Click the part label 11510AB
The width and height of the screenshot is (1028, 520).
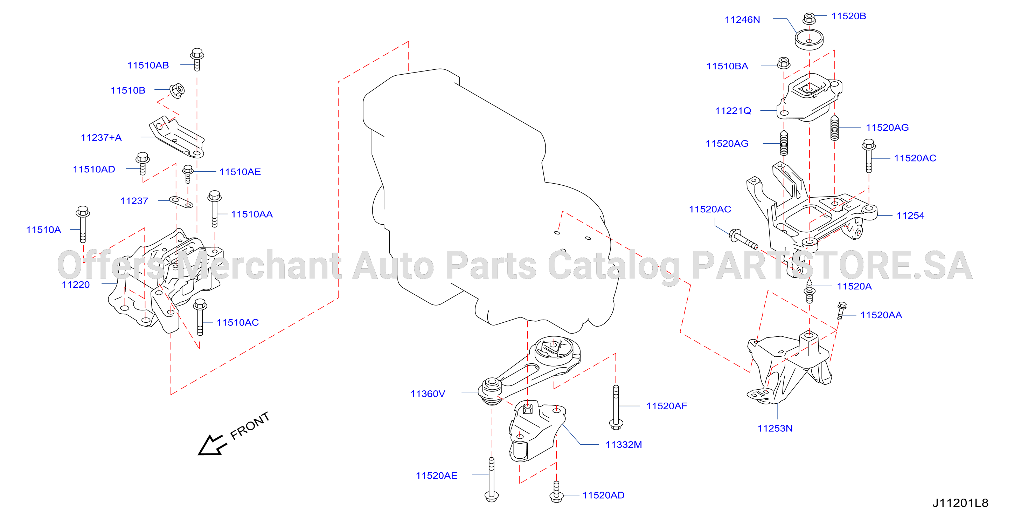[148, 65]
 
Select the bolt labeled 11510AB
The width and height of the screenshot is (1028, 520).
[197, 60]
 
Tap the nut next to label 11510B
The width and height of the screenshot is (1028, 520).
[177, 90]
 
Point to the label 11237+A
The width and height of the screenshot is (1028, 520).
[101, 137]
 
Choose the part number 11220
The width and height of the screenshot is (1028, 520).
[76, 285]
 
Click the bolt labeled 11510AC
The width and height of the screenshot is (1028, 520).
[200, 317]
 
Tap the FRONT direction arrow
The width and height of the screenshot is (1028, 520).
[211, 445]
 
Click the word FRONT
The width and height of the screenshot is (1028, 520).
[250, 426]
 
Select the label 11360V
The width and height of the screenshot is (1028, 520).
[428, 394]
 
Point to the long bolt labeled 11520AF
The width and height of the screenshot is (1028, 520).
[616, 408]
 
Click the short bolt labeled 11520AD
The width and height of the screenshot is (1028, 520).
[556, 492]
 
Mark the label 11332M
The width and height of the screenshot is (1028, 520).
[624, 445]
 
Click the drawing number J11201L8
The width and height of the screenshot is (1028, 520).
[960, 503]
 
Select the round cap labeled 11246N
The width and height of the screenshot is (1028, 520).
[809, 40]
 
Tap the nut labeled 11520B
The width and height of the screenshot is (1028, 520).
[809, 18]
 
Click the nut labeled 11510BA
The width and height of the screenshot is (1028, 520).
[784, 63]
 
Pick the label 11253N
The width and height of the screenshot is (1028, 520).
[775, 429]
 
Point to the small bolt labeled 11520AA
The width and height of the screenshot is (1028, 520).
[841, 311]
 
